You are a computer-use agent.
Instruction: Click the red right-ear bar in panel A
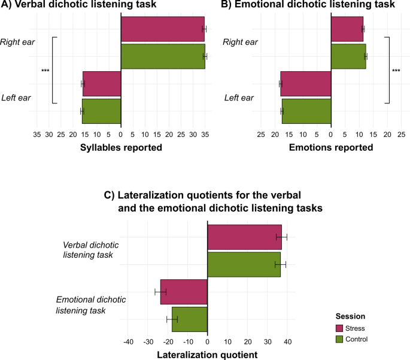coord(162,29)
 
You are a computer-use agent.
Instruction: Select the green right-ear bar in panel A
coord(162,56)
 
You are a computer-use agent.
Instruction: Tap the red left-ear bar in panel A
coord(102,84)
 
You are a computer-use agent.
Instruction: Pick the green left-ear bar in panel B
coord(306,111)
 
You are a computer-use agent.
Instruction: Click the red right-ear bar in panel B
coord(347,29)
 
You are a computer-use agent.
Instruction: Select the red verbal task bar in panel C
coord(244,237)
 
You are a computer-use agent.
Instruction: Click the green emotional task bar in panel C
coord(190,319)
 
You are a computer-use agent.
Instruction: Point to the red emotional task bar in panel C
coord(184,292)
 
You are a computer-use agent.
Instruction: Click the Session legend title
coord(350,316)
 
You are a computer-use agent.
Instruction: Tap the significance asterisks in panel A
coord(45,71)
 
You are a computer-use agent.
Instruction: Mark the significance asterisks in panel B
coord(396,71)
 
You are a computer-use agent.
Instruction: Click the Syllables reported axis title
coord(122,147)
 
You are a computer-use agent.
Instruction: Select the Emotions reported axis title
coord(331,147)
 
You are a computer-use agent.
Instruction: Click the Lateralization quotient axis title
coord(207,355)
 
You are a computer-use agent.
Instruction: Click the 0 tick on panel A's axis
coord(121,135)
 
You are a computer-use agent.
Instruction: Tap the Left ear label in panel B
coord(239,97)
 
